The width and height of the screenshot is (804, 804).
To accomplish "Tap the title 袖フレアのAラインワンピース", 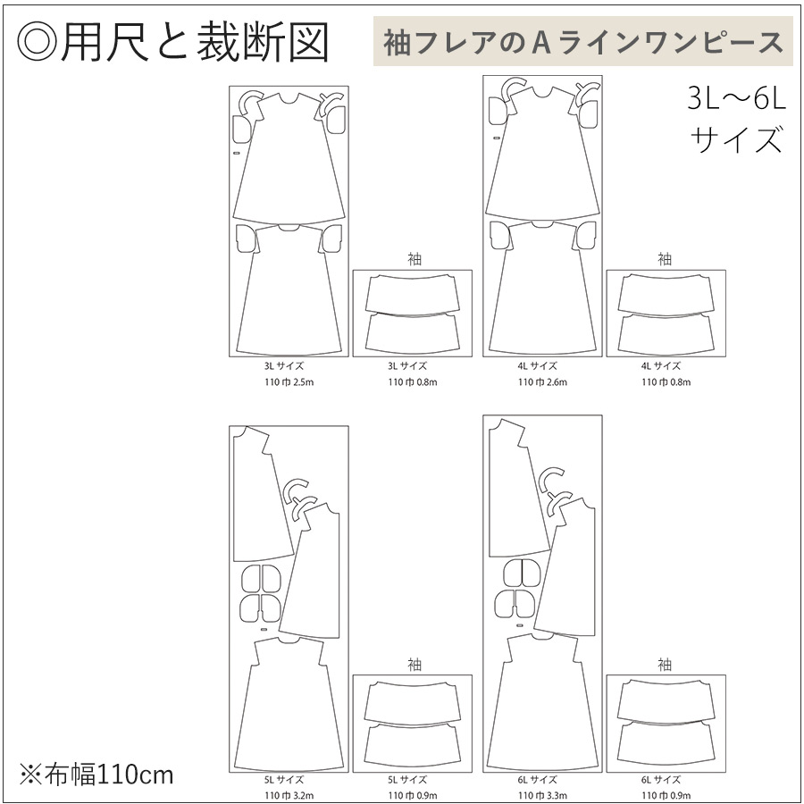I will (x=582, y=42).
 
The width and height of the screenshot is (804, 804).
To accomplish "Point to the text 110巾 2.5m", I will (x=289, y=381).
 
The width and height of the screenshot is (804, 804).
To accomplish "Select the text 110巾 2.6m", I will (x=542, y=381).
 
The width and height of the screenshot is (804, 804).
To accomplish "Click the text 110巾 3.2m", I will (x=289, y=794).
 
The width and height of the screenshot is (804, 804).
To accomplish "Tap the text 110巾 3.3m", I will (x=542, y=794).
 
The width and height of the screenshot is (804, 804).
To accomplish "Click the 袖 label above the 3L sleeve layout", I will (x=413, y=259).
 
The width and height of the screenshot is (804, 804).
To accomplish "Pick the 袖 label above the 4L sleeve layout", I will (x=666, y=259).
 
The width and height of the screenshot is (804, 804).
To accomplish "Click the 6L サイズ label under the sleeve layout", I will (x=666, y=779).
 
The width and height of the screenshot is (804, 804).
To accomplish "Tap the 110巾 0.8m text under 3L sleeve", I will (x=413, y=381).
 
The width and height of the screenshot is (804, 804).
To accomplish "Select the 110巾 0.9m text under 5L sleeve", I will (x=413, y=794).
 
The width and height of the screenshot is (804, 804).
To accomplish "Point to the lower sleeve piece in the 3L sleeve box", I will (x=413, y=332).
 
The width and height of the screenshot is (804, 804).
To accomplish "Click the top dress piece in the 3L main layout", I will (x=289, y=161).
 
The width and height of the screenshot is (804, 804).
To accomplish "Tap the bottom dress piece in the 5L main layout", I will (x=289, y=706).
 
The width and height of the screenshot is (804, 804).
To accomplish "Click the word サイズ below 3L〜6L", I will (x=736, y=139).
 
